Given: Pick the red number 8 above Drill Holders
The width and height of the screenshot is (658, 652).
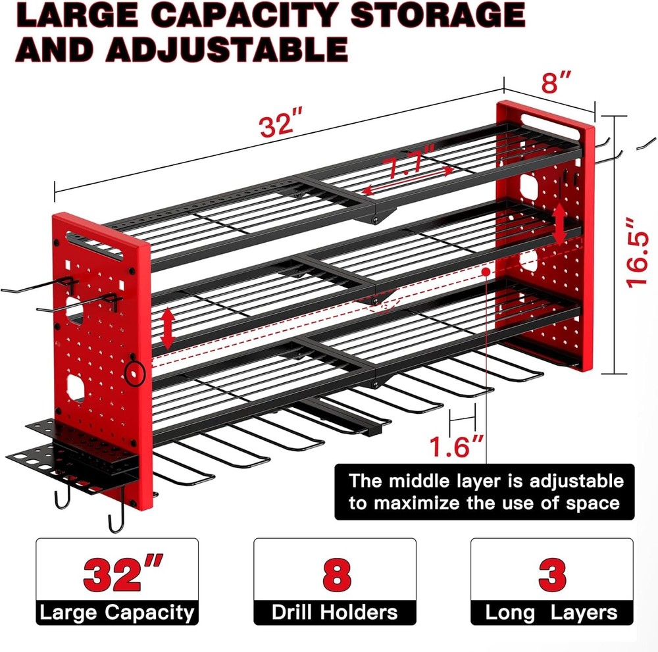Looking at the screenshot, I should coord(335,574).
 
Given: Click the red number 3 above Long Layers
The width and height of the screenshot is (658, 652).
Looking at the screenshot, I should coord(551,574).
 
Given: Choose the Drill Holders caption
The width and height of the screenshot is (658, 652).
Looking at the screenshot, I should coord(335,613).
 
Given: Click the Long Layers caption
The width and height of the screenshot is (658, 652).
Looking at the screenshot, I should coord(551,613).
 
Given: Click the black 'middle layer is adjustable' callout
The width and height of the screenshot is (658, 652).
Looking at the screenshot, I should coord(486,491).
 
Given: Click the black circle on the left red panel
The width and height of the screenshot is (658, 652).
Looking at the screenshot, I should coord(137,372).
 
